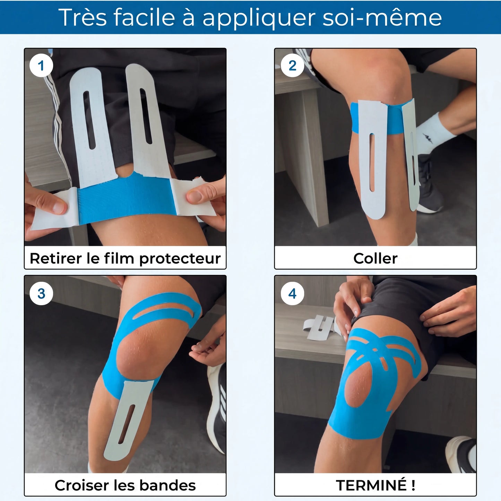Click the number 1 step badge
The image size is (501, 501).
(x=41, y=66)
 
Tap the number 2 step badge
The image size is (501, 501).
(x=292, y=66)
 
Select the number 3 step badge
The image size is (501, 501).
(x=41, y=293)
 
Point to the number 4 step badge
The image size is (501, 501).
(x=292, y=293)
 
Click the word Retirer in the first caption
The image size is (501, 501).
(x=56, y=258)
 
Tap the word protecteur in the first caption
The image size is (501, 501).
(x=180, y=259)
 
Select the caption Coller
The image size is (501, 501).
(x=375, y=258)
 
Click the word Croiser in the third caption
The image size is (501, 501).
(x=82, y=485)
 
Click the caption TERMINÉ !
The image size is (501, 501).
(x=375, y=485)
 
